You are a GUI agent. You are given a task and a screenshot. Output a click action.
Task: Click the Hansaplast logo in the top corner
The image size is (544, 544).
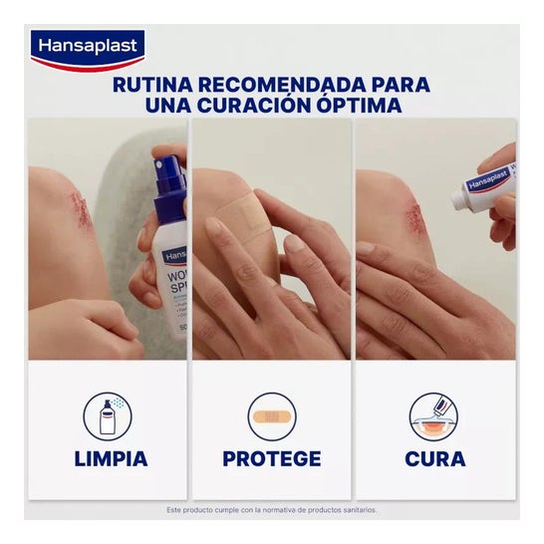(x=88, y=48)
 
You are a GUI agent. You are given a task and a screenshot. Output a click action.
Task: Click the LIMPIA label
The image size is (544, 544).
(x=110, y=459)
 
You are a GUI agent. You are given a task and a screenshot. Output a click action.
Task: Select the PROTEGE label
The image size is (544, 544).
(x=272, y=459)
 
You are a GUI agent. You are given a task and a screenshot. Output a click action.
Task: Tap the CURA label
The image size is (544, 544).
(x=435, y=459)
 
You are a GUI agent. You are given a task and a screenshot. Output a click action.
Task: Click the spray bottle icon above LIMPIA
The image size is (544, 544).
(x=110, y=416)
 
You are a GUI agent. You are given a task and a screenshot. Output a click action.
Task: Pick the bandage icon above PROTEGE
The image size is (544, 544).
(x=272, y=417)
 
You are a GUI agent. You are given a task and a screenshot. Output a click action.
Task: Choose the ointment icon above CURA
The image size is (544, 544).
(x=435, y=416)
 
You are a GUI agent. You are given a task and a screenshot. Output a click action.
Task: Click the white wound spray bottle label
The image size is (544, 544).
(x=174, y=289)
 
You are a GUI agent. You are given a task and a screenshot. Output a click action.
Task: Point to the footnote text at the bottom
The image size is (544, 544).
(x=272, y=510)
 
